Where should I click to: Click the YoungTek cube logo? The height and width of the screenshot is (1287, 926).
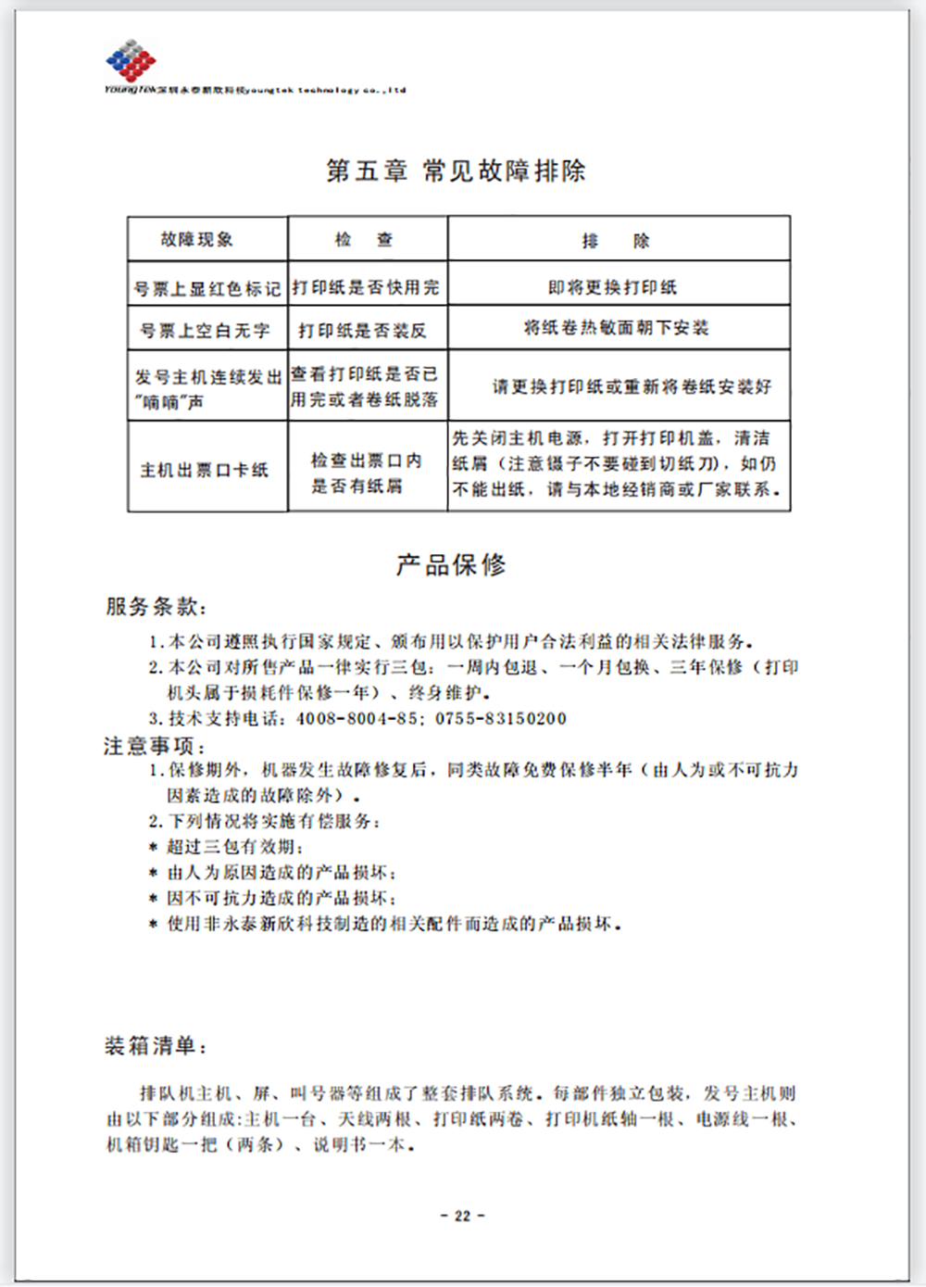(x=131, y=61)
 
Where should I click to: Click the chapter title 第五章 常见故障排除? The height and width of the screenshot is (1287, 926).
(x=456, y=171)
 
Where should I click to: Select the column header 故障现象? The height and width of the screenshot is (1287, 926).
(x=197, y=240)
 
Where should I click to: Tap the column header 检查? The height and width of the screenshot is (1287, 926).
(x=365, y=240)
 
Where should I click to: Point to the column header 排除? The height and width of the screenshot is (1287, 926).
(x=616, y=241)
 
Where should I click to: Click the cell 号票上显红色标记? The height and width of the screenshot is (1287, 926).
(x=207, y=289)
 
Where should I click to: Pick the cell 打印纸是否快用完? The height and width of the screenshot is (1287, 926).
(x=367, y=287)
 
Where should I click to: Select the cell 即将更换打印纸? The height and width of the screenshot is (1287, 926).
(x=612, y=287)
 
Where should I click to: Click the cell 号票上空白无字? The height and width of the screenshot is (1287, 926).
(x=205, y=331)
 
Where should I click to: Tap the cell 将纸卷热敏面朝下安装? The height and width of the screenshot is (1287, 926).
(x=616, y=328)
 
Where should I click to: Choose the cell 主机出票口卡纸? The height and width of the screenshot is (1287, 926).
(x=205, y=470)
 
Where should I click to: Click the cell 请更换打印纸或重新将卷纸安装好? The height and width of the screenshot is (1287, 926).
(x=632, y=386)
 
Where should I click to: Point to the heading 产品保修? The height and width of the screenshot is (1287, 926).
(x=451, y=564)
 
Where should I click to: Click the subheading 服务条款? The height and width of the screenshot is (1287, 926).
(x=156, y=607)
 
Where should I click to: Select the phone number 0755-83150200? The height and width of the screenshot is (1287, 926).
(x=501, y=718)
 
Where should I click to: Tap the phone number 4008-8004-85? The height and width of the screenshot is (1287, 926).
(x=357, y=718)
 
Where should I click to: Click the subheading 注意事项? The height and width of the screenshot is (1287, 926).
(x=154, y=746)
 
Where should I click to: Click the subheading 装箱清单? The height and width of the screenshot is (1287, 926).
(x=155, y=1047)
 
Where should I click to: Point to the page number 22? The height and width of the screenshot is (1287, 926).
(x=462, y=1216)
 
